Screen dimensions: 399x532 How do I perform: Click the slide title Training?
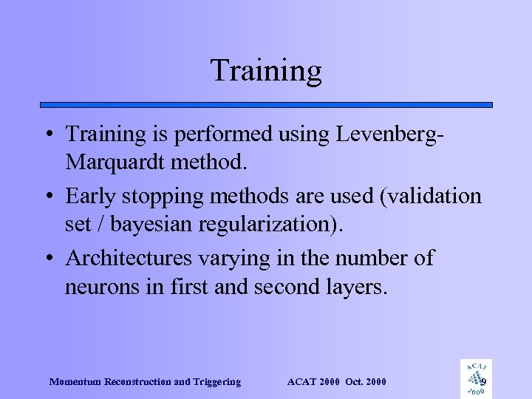(x=266, y=71)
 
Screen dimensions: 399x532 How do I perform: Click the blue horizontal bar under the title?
(x=266, y=105)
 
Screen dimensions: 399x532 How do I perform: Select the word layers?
(x=355, y=287)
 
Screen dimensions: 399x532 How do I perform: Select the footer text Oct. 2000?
(x=365, y=382)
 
